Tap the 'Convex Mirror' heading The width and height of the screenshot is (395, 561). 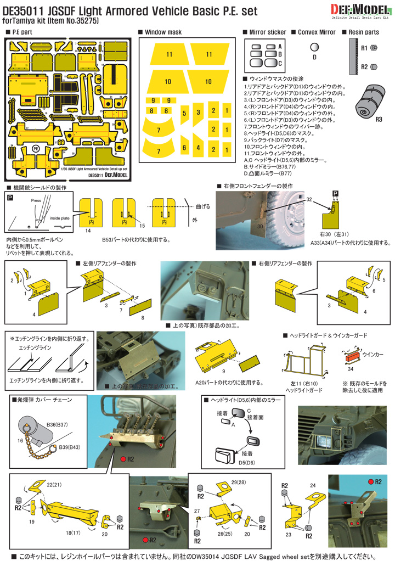[x=316, y=32]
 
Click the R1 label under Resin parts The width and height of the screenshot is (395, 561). [x=364, y=49]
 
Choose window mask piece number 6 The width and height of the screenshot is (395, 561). [x=184, y=148]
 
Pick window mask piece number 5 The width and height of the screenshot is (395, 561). [x=185, y=114]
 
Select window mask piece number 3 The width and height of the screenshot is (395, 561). [x=198, y=111]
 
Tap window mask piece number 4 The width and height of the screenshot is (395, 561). [x=198, y=148]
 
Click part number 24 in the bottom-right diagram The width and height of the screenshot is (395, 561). [x=313, y=486]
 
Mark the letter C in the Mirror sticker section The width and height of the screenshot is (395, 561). [x=280, y=63]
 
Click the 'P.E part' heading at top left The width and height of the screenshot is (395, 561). [x=22, y=33]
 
